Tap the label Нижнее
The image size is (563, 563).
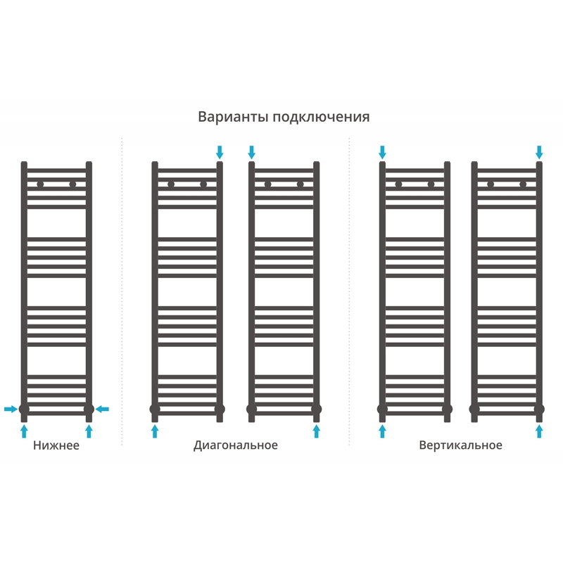click(56, 445)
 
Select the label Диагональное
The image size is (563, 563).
click(236, 445)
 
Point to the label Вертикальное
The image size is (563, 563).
click(460, 445)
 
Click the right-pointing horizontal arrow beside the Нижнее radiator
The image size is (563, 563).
click(11, 409)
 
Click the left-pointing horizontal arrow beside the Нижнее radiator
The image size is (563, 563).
click(103, 409)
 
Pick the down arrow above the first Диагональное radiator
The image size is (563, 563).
click(220, 152)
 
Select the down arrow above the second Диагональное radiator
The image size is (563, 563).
click(252, 152)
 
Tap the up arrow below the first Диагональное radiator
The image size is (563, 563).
click(155, 431)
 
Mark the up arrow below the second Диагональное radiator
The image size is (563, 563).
click(316, 431)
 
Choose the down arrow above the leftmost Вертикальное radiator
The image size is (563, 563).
click(382, 152)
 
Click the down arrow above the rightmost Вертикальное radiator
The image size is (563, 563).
click(539, 152)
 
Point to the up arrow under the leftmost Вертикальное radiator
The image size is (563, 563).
click(382, 431)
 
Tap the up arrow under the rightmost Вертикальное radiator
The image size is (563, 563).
click(539, 431)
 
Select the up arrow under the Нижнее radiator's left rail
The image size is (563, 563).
click(24, 431)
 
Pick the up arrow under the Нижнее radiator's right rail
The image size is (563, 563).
click(89, 431)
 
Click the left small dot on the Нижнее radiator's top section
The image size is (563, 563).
click(40, 184)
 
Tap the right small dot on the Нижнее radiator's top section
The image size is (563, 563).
click(72, 184)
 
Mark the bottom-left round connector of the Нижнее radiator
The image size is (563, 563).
click(24, 409)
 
